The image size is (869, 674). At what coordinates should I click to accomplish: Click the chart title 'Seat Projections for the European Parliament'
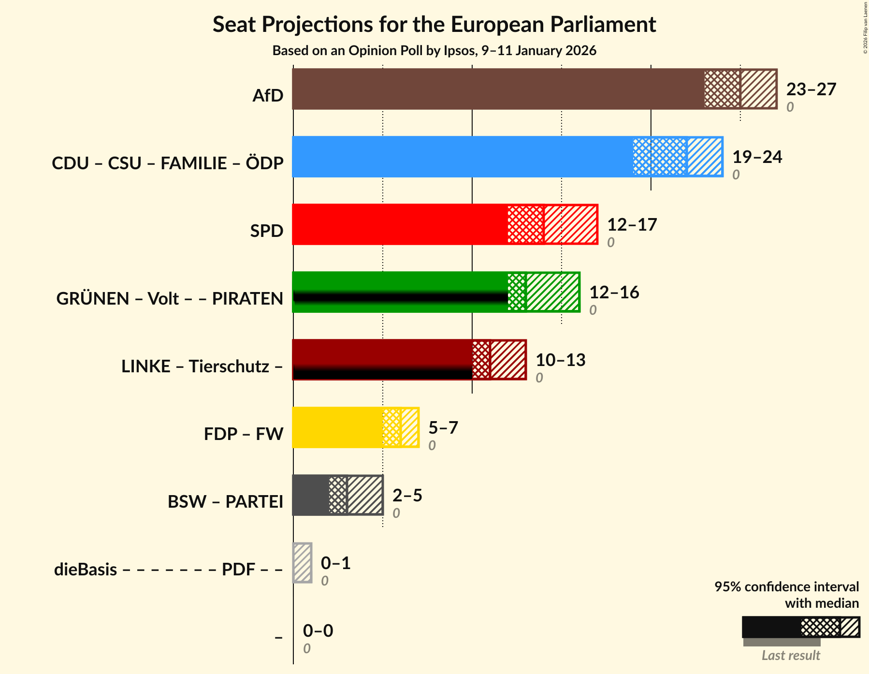pyautogui.click(x=434, y=24)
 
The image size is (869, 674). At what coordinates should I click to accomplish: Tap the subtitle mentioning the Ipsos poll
pyautogui.click(x=434, y=51)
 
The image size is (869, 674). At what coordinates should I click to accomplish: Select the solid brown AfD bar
pyautogui.click(x=498, y=89)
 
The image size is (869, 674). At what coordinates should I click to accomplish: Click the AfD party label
pyautogui.click(x=268, y=96)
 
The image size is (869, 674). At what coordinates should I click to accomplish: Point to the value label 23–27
pyautogui.click(x=811, y=89)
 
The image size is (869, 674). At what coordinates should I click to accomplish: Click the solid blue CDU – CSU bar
pyautogui.click(x=462, y=157)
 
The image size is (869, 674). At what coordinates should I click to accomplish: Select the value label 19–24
pyautogui.click(x=757, y=157)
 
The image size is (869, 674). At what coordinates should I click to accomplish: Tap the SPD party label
pyautogui.click(x=266, y=231)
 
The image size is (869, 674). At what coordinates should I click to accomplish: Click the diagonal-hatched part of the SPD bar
pyautogui.click(x=570, y=224)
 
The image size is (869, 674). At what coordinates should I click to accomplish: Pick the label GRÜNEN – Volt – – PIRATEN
pyautogui.click(x=170, y=299)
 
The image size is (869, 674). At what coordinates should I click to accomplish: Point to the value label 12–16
pyautogui.click(x=614, y=292)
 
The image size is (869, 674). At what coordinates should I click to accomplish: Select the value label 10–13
pyautogui.click(x=560, y=360)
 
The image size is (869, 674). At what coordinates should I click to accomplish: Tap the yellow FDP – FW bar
pyautogui.click(x=337, y=427)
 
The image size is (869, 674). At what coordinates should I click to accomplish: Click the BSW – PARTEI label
pyautogui.click(x=225, y=502)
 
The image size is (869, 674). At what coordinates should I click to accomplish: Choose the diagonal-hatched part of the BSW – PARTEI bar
pyautogui.click(x=365, y=495)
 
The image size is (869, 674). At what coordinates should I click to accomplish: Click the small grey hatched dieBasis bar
pyautogui.click(x=303, y=563)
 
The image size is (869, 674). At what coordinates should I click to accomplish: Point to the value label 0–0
pyautogui.click(x=318, y=630)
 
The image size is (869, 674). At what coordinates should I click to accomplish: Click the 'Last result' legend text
pyautogui.click(x=791, y=655)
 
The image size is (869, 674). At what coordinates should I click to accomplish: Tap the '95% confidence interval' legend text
pyautogui.click(x=786, y=586)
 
